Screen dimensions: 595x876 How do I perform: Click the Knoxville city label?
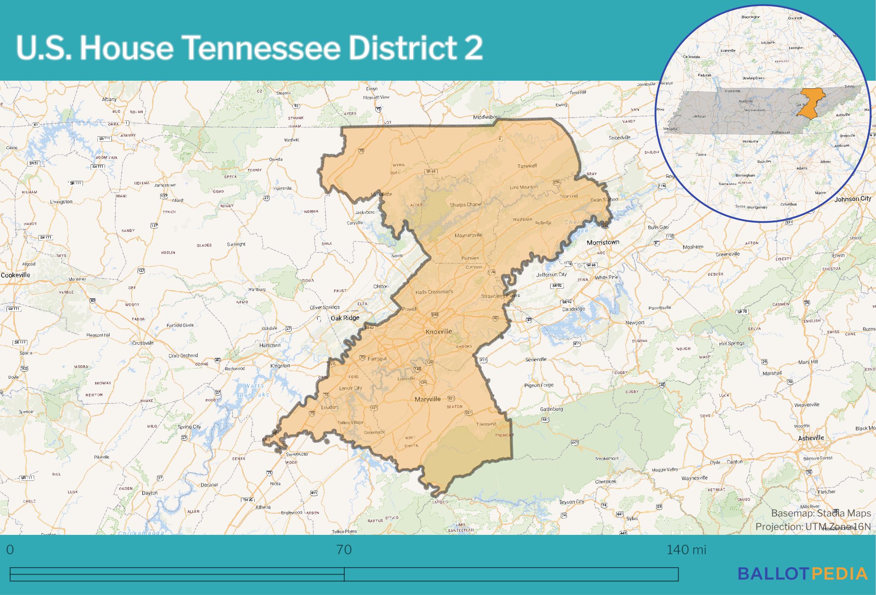[439, 332]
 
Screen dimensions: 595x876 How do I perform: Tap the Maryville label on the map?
[427, 399]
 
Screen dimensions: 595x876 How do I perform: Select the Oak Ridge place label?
[345, 318]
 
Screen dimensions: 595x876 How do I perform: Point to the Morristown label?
[603, 242]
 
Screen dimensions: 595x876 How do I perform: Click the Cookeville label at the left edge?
[15, 275]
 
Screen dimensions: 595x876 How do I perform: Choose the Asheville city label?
[811, 438]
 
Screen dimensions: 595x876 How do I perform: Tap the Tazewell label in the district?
[527, 166]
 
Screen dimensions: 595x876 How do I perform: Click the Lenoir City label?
[350, 388]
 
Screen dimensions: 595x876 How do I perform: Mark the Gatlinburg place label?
[551, 409]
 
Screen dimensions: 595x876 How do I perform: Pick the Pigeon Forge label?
[539, 385]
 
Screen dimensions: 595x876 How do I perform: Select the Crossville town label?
[143, 343]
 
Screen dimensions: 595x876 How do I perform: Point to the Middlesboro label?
[487, 117]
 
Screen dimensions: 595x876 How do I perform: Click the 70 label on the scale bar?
[344, 550]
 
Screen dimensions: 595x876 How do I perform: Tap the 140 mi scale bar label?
[686, 550]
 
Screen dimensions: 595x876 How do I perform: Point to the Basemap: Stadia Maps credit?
[821, 514]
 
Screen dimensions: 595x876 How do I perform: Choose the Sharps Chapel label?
[465, 205]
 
